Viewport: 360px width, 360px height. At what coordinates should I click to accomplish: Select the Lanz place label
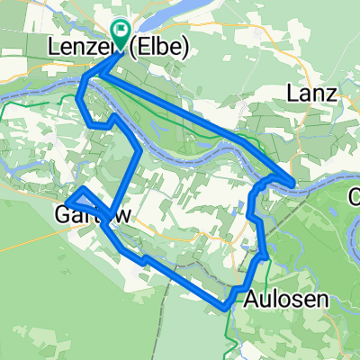coord(310,93)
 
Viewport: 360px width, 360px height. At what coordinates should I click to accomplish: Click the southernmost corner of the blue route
coord(224,308)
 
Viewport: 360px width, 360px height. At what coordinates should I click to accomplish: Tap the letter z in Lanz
coord(329,93)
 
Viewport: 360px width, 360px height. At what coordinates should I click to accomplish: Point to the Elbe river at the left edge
coord(9,90)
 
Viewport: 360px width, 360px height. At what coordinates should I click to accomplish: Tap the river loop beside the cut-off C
coord(347,225)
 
